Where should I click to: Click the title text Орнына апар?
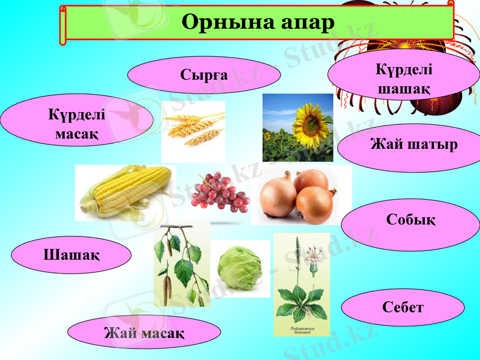tap(257, 23)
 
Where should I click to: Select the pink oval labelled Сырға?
tap(204, 75)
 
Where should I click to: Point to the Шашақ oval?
tap(71, 254)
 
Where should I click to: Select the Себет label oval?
tap(403, 307)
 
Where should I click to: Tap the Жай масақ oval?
tap(144, 332)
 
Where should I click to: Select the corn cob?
tap(126, 191)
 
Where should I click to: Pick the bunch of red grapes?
tap(219, 191)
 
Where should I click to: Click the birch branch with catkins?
tap(181, 264)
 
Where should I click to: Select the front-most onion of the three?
tap(316, 205)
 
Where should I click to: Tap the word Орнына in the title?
tap(220, 23)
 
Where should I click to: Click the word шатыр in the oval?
tap(435, 145)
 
